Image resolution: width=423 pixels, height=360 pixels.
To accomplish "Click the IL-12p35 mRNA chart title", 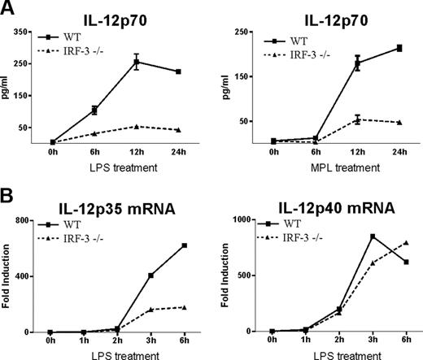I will [x=106, y=203].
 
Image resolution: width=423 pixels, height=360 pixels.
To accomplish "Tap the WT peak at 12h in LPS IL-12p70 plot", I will [x=126, y=61].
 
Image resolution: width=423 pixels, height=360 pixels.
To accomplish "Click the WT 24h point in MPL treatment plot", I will [x=398, y=48].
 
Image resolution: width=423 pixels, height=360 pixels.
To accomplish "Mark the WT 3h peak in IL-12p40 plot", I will [x=373, y=236].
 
